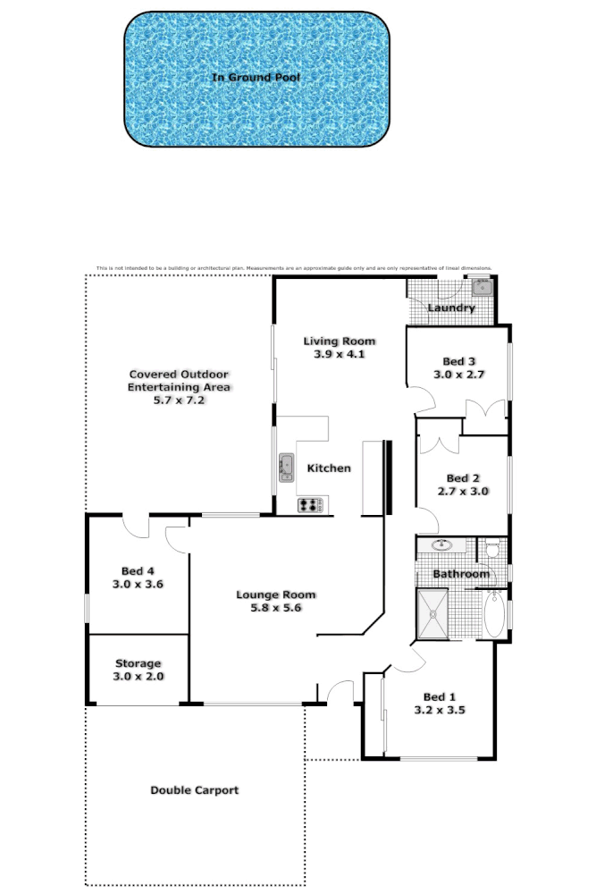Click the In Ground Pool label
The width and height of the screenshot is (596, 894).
click(256, 78)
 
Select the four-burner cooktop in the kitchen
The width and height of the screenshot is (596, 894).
click(310, 505)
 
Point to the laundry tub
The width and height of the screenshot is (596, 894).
click(483, 288)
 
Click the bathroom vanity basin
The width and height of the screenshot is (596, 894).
click(441, 544)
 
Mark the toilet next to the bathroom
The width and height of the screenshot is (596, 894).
click(492, 548)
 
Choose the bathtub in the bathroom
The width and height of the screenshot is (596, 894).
click(492, 613)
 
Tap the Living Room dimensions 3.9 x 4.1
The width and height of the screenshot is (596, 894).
click(339, 354)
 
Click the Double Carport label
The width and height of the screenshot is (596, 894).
click(194, 790)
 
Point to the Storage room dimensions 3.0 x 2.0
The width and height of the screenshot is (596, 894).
click(138, 677)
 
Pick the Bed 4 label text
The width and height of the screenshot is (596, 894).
click(138, 570)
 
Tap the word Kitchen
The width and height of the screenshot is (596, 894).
click(329, 468)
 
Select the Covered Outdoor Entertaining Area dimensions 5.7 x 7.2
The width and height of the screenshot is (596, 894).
click(180, 401)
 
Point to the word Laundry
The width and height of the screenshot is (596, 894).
click(450, 308)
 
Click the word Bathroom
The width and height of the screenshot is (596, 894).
click(461, 574)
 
